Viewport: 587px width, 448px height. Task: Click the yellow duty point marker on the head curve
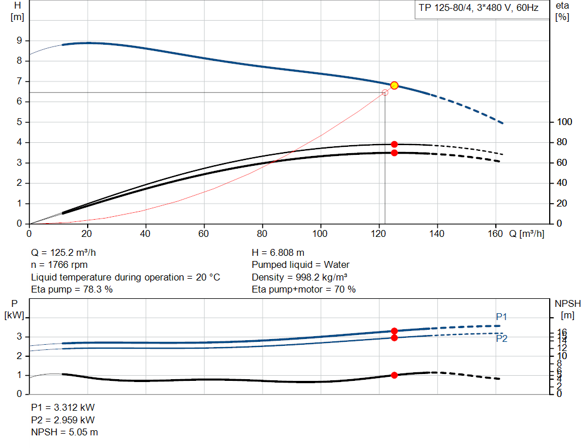(394, 85)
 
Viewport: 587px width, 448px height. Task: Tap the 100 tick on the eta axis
(565, 122)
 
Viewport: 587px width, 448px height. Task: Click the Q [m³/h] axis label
(526, 234)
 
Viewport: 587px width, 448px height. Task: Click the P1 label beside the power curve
(502, 317)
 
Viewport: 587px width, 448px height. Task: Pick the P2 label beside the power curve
(502, 338)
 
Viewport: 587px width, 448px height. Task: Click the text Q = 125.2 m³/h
(68, 252)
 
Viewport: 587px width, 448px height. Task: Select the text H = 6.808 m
(278, 252)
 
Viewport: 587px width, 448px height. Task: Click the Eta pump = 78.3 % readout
(72, 290)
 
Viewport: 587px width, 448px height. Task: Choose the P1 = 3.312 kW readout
(62, 407)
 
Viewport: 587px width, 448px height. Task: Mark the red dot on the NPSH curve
(394, 375)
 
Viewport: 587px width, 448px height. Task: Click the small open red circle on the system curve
(385, 92)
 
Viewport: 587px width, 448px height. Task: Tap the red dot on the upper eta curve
(394, 145)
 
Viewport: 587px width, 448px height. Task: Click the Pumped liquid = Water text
(300, 264)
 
